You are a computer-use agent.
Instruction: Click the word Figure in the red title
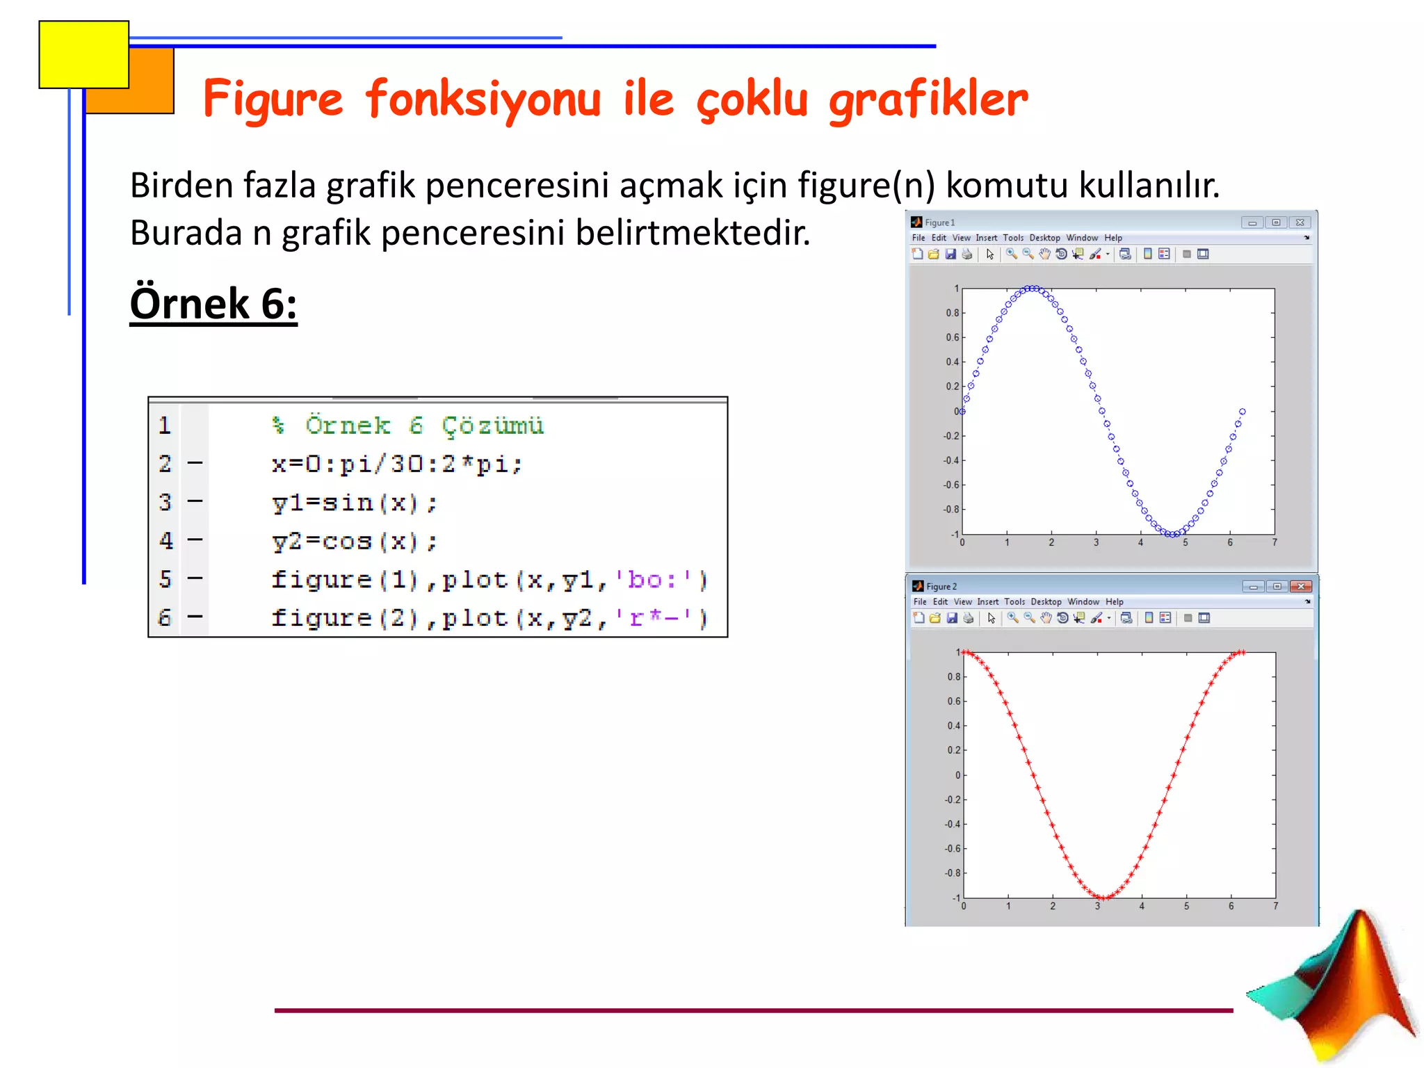[x=273, y=99]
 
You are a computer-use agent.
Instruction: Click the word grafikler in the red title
[x=928, y=99]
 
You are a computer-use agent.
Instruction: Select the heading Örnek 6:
[x=213, y=304]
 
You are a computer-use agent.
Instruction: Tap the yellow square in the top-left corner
[x=83, y=54]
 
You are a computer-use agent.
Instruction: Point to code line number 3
[x=165, y=502]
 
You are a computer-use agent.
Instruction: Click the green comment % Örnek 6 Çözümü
[x=407, y=425]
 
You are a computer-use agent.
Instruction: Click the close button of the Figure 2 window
[x=1300, y=586]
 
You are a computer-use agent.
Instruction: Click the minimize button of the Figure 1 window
[x=1252, y=222]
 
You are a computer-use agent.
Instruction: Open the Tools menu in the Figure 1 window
[x=1013, y=238]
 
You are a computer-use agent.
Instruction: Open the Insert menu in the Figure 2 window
[x=987, y=601]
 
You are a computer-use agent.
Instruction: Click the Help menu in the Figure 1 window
[x=1113, y=238]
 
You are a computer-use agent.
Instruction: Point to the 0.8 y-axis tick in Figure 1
[x=952, y=313]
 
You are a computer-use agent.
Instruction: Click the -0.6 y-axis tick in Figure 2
[x=952, y=848]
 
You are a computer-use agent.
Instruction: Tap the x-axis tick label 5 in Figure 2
[x=1186, y=906]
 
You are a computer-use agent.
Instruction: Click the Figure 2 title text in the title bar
[x=941, y=586]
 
